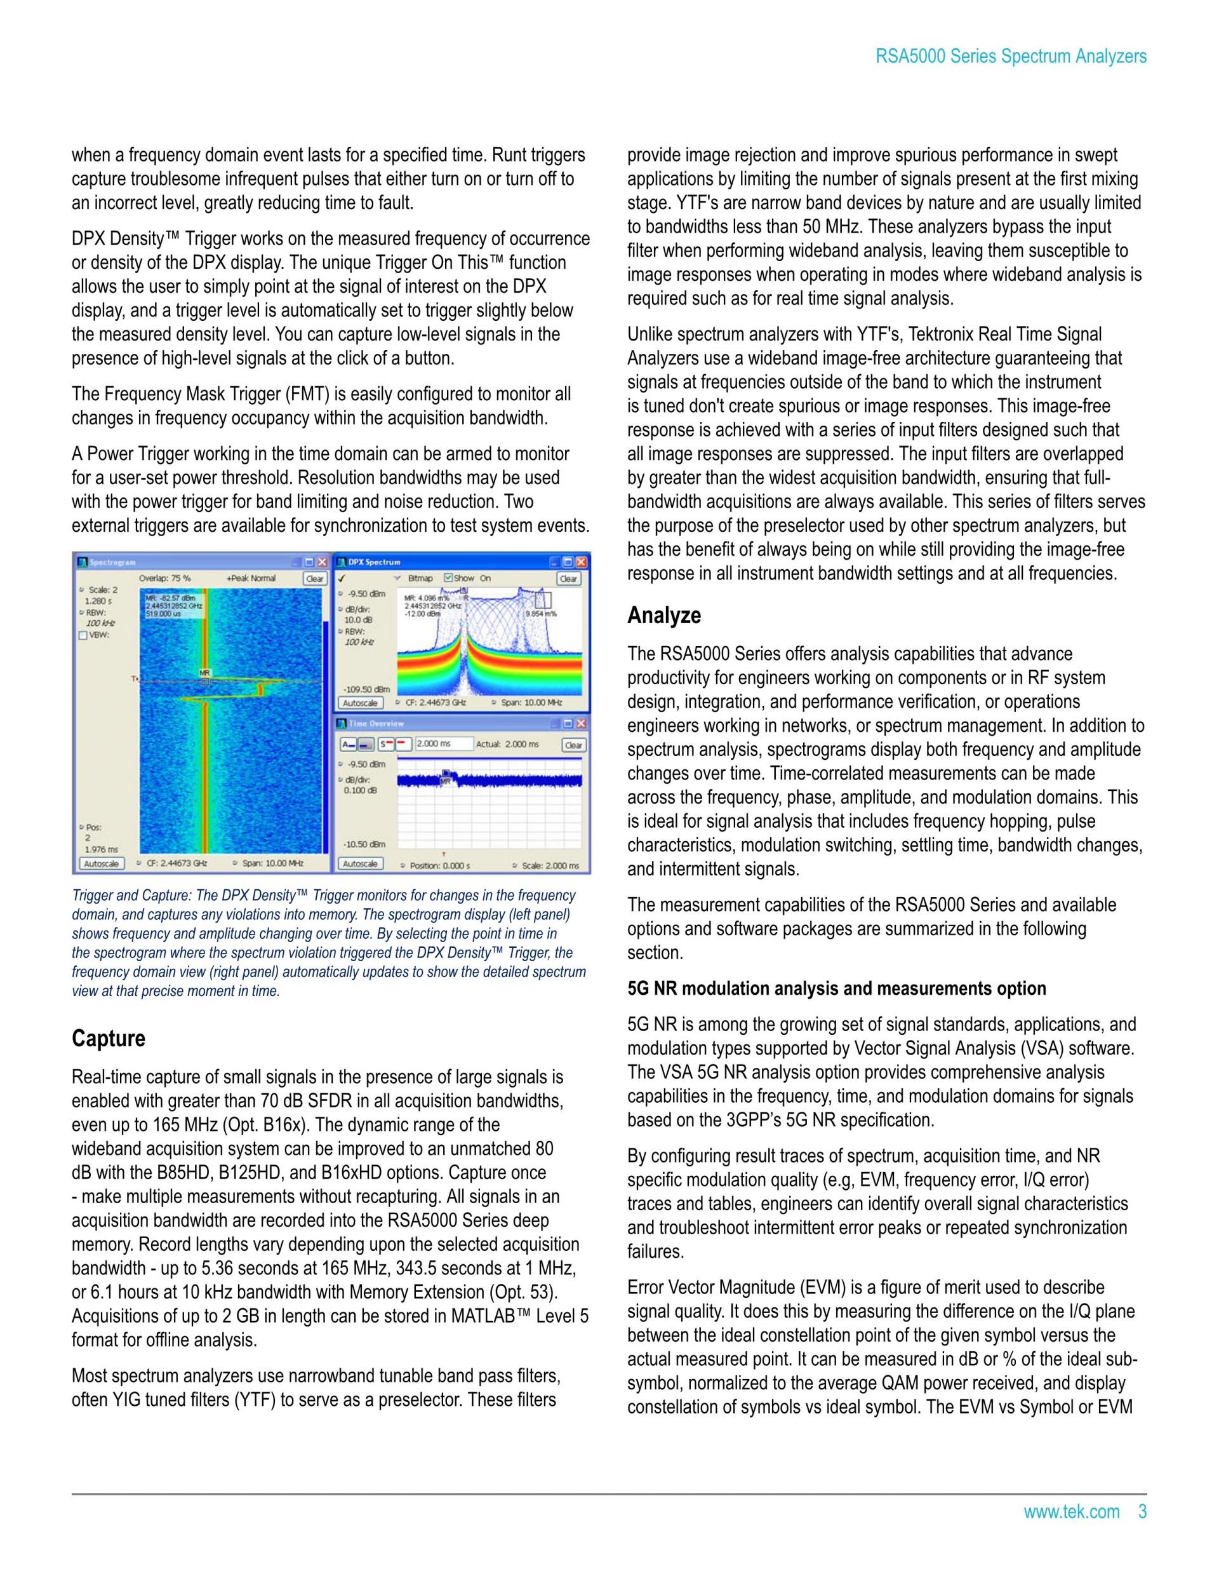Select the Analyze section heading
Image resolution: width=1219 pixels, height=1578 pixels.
pos(663,616)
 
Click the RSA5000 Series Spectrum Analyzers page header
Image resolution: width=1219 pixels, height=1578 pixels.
pos(1010,57)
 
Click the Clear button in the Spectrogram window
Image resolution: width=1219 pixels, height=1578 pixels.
pos(315,579)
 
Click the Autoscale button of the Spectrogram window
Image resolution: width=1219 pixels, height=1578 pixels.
pos(101,863)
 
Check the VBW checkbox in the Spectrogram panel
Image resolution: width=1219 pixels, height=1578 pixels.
pos(83,636)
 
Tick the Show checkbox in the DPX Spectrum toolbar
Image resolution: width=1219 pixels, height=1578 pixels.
pos(448,578)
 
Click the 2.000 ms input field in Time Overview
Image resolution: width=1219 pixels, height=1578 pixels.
pos(443,744)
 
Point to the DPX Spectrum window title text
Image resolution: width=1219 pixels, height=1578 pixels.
pos(374,562)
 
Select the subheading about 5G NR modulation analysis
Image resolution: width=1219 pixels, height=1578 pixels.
pos(836,988)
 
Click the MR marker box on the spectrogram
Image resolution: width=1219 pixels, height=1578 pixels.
pos(205,680)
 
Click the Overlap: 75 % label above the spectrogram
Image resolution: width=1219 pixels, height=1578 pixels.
pos(164,579)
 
